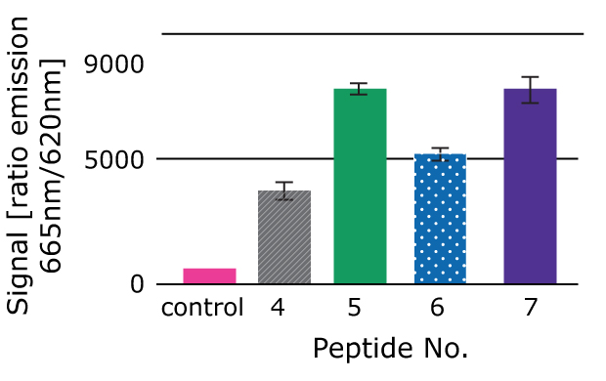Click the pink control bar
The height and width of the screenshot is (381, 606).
209,276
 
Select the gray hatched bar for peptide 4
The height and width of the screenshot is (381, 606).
284,237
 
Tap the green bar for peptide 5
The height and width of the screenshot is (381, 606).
361,187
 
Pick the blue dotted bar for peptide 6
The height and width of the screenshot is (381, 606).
440,219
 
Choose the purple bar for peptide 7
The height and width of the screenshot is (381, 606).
530,187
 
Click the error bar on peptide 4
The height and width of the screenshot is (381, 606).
284,190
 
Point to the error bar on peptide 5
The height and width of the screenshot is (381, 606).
361,89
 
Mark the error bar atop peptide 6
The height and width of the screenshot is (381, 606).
440,153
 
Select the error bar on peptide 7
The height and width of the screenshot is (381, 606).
530,89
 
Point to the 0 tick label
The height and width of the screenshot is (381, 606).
137,285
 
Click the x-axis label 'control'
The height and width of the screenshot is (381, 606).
202,309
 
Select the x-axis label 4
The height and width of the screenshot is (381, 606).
279,309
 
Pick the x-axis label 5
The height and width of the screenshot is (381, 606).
355,309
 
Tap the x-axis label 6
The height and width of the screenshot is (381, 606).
436,309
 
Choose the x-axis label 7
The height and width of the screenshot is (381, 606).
531,309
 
